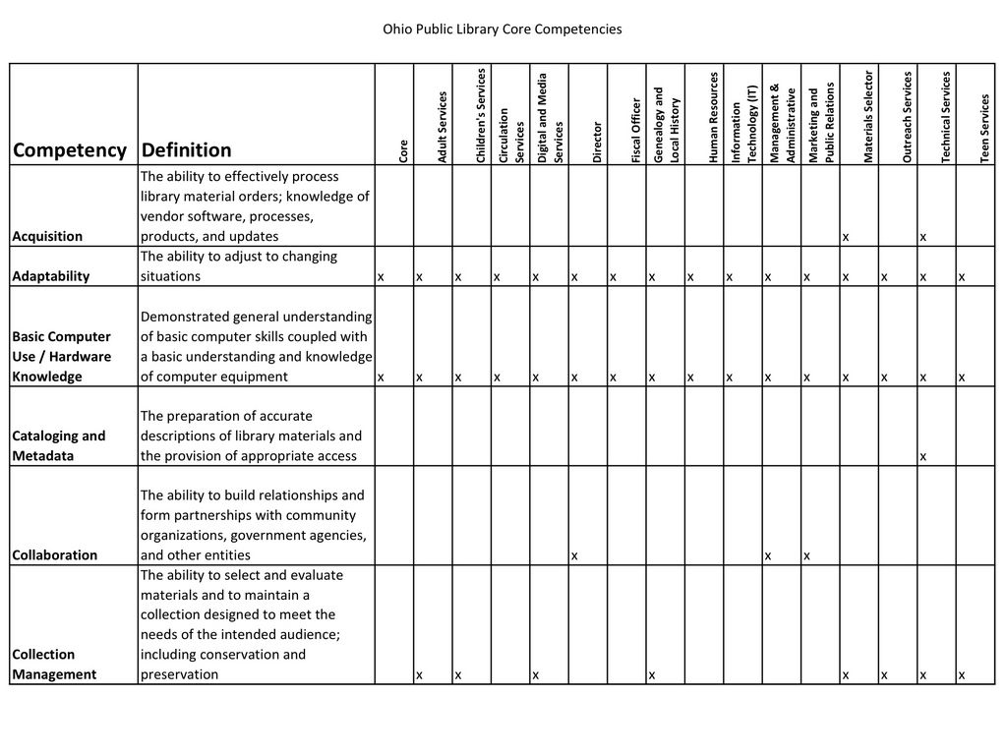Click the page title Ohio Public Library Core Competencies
[502, 29]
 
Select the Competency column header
[70, 150]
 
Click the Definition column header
[187, 150]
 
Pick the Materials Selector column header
[868, 116]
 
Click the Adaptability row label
[50, 276]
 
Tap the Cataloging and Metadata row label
[58, 445]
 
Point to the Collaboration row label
[54, 554]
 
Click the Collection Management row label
[56, 664]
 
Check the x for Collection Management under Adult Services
[419, 675]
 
